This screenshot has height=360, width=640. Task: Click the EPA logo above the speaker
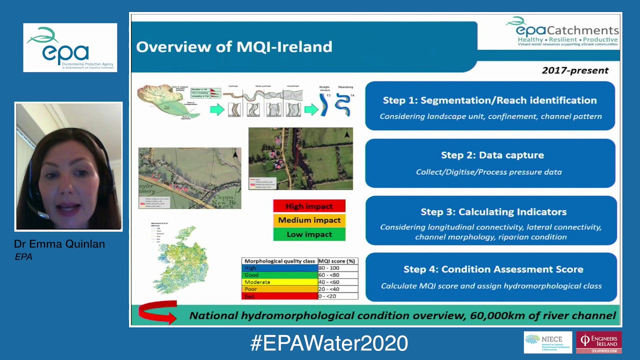click(x=70, y=47)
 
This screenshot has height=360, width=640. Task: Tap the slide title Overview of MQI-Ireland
click(x=234, y=47)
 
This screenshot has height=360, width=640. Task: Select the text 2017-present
click(x=575, y=70)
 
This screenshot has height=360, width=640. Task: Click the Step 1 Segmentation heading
click(x=489, y=100)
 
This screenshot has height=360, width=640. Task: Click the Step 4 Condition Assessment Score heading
click(x=493, y=269)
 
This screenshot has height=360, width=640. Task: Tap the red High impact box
click(x=309, y=206)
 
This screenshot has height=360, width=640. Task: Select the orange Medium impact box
click(x=309, y=220)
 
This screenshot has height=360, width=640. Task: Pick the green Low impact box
click(x=309, y=234)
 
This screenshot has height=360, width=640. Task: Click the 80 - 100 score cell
click(x=337, y=268)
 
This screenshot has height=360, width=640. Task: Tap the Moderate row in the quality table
click(x=279, y=282)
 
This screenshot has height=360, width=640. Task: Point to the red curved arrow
click(x=157, y=312)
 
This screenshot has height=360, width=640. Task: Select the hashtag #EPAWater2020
click(x=329, y=343)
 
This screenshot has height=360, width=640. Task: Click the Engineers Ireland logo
click(x=598, y=342)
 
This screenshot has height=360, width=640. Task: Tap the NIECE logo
click(x=547, y=342)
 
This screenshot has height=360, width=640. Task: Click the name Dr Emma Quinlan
click(x=59, y=244)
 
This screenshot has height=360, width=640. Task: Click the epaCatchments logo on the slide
click(x=563, y=31)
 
